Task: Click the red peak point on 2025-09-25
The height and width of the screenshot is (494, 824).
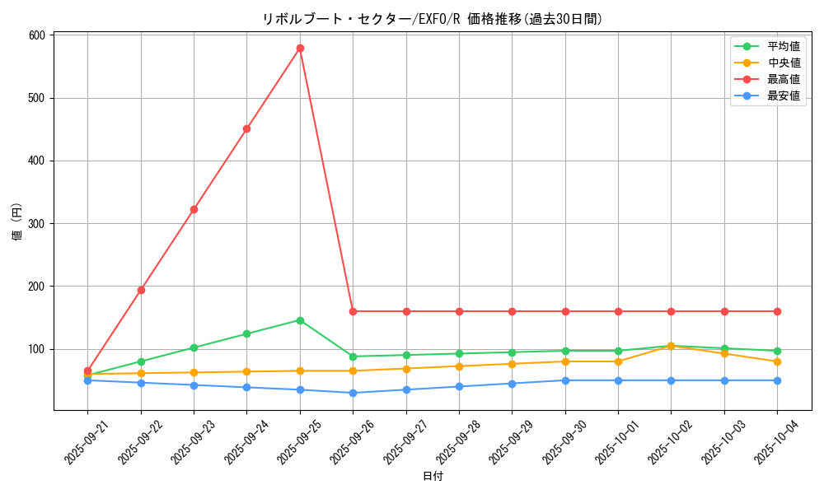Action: tap(300, 48)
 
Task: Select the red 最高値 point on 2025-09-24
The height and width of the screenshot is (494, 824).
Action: tap(246, 128)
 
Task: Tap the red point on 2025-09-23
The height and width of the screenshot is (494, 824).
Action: tap(194, 209)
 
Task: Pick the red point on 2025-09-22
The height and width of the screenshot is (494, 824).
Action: tap(141, 290)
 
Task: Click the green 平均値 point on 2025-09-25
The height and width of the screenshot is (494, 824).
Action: tap(300, 320)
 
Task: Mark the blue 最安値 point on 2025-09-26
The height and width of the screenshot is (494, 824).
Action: tap(353, 393)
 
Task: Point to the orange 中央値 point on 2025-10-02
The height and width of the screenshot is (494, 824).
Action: tap(671, 346)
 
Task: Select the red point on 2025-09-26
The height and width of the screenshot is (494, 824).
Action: tap(353, 311)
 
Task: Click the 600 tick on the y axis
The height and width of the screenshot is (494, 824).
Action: tap(36, 35)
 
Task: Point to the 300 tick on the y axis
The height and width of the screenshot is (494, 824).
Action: tap(36, 223)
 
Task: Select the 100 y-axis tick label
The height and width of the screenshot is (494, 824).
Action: tap(36, 349)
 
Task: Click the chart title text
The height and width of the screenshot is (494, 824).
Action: tap(433, 19)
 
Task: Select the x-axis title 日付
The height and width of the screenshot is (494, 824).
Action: tap(433, 477)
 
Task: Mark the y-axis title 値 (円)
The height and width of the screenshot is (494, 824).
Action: tap(17, 222)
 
